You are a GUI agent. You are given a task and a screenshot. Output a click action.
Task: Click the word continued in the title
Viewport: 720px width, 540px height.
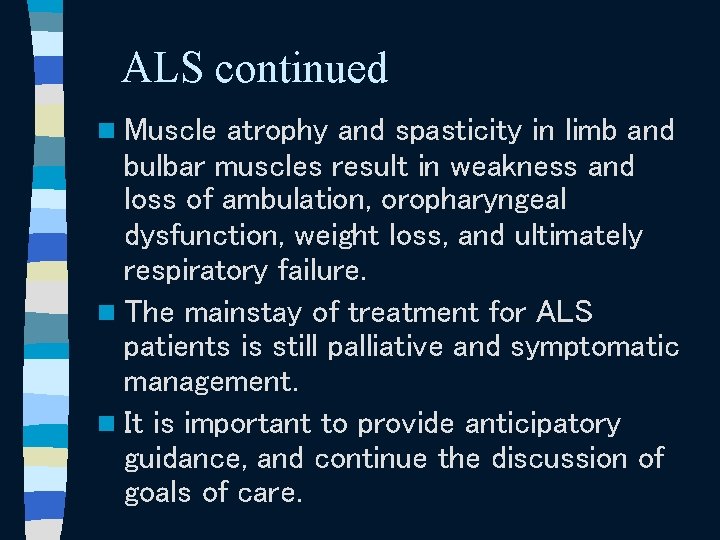(x=301, y=68)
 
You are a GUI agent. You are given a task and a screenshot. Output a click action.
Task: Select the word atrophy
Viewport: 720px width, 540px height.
(x=277, y=131)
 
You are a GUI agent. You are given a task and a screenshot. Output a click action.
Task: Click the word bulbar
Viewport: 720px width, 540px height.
(x=157, y=166)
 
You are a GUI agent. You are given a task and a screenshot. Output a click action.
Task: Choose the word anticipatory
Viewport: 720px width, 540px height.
(x=542, y=424)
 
